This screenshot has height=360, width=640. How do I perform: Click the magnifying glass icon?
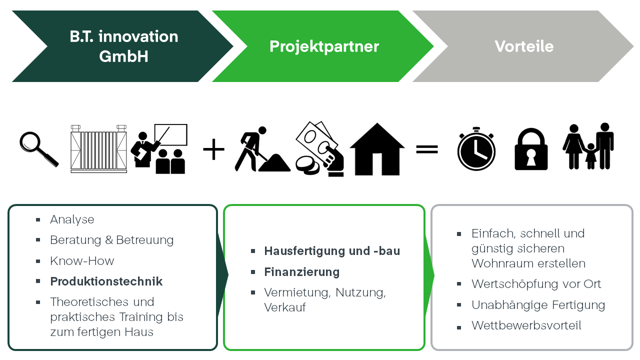coord(38,148)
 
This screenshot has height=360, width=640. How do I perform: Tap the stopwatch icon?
coord(476,149)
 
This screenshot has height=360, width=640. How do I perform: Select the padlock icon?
coord(531,149)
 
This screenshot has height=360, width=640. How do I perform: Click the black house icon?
coord(377,149)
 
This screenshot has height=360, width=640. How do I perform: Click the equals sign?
coord(427,149)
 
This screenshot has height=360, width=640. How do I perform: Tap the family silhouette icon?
coord(588,146)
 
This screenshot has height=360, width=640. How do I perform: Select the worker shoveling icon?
coord(261,149)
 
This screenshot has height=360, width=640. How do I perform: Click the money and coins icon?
coord(318,149)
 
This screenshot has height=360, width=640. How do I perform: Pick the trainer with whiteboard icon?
coord(159,149)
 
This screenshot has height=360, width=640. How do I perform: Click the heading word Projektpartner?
coord(324,46)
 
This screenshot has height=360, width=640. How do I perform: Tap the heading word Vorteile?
coord(524,46)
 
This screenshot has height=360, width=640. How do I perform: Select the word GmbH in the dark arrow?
coord(123,56)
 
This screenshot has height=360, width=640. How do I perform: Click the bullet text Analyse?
coord(72,219)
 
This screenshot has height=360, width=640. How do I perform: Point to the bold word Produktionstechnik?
coord(106,281)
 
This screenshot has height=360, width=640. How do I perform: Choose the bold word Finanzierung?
coord(301,272)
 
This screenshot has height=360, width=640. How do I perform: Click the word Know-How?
coord(82,261)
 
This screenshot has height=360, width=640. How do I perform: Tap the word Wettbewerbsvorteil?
coord(526,326)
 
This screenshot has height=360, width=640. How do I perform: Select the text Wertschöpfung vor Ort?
coord(536,284)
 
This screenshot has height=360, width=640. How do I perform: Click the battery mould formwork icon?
coord(98,149)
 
